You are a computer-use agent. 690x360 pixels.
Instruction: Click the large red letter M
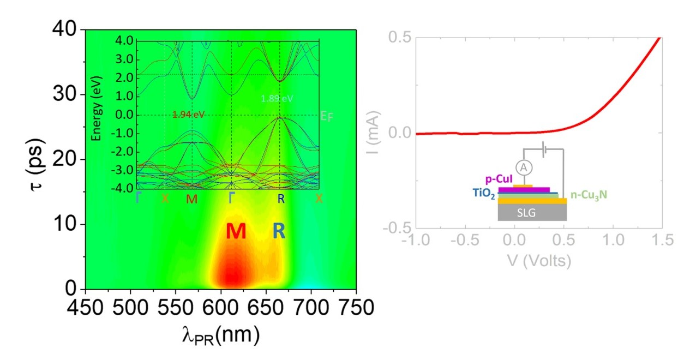(x=236, y=232)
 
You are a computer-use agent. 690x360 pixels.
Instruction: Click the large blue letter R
(x=279, y=232)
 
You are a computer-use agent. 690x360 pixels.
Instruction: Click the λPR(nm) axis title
(x=220, y=334)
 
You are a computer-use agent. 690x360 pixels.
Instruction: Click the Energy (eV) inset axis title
(x=97, y=115)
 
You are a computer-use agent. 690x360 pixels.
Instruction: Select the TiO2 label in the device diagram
(x=484, y=193)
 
